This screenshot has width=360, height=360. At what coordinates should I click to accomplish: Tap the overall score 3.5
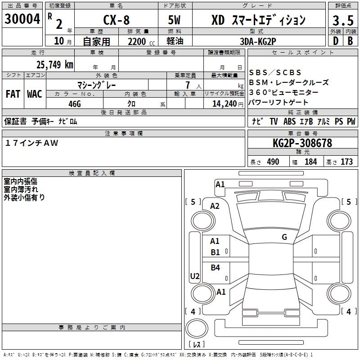[342, 20]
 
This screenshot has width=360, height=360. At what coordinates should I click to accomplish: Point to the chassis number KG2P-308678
[302, 143]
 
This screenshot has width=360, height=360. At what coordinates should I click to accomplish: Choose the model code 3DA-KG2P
[258, 41]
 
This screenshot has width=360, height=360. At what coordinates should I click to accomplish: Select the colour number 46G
[75, 103]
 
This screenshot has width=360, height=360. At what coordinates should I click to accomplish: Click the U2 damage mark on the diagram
[195, 276]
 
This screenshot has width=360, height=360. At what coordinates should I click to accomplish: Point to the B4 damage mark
[216, 268]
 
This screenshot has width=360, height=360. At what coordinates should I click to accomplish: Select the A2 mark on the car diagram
[215, 206]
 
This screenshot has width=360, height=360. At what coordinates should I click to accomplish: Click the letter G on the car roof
[284, 237]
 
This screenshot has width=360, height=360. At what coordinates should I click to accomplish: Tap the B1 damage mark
[216, 252]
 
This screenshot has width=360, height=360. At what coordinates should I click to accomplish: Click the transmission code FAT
[13, 94]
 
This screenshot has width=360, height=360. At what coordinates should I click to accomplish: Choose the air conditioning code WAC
[34, 94]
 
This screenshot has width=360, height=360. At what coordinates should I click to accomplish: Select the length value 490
[273, 162]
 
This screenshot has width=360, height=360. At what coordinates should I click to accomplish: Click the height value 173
[346, 162]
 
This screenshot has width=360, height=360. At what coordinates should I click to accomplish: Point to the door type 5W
[175, 20]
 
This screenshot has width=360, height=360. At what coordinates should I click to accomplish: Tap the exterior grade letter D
[335, 41]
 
